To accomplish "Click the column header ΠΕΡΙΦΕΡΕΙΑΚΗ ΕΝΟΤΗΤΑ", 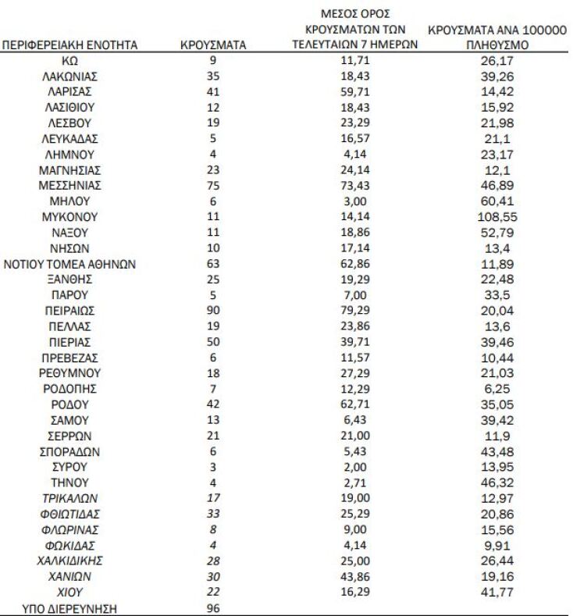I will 69,45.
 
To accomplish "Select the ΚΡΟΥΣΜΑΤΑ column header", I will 213,45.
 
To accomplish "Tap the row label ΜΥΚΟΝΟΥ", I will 69,216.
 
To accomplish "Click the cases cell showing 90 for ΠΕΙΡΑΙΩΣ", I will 213,310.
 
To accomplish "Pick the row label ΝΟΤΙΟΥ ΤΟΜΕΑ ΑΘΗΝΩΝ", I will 69,263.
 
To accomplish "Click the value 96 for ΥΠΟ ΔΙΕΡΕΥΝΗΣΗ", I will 213,607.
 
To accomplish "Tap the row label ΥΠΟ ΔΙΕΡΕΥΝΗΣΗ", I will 69,607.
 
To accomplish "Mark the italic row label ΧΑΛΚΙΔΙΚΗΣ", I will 69,560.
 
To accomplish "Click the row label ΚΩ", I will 69,60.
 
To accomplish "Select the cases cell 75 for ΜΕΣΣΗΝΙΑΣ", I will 213,185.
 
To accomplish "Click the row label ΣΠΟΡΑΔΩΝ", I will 69,450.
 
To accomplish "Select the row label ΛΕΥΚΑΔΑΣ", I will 69,138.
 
